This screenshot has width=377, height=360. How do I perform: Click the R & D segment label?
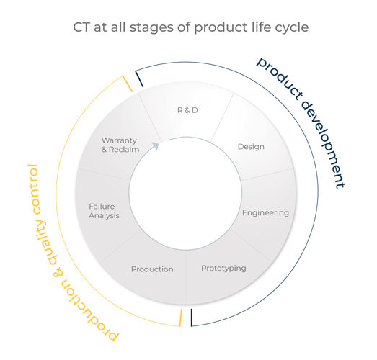point(187,110)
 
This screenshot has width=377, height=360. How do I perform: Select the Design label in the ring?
point(251,147)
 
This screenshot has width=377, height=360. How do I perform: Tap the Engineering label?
point(265,213)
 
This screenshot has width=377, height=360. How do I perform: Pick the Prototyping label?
point(223,269)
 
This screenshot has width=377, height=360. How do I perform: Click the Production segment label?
point(152,269)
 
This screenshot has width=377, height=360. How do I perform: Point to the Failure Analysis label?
point(104,211)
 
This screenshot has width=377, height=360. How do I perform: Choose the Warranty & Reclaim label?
point(120,145)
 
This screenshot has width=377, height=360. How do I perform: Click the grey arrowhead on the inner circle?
point(156,145)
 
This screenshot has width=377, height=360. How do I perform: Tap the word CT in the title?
point(81,27)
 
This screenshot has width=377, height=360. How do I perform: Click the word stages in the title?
point(152,27)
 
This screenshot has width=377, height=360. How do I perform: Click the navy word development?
point(324,143)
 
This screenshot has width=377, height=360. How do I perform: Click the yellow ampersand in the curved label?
point(58,273)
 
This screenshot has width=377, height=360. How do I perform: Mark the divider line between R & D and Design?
point(222,117)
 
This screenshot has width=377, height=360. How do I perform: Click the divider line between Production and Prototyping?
point(187,277)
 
